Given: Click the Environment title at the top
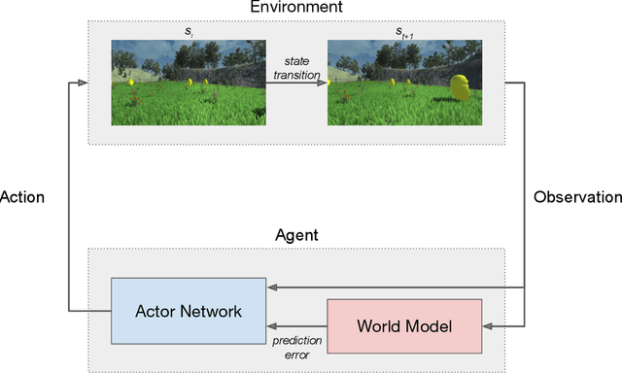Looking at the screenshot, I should pos(296,10).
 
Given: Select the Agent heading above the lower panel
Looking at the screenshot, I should pos(296,235).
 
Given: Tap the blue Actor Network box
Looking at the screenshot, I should pos(190,311).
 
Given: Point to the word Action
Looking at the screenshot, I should pos(22,196).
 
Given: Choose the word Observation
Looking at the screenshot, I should pos(577,196).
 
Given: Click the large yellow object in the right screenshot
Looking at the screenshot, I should pos(463,88).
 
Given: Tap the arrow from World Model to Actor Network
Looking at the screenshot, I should pos(296,325).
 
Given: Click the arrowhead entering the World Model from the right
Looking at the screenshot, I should pos(487,326).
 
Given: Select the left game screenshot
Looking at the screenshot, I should pos(188,83).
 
